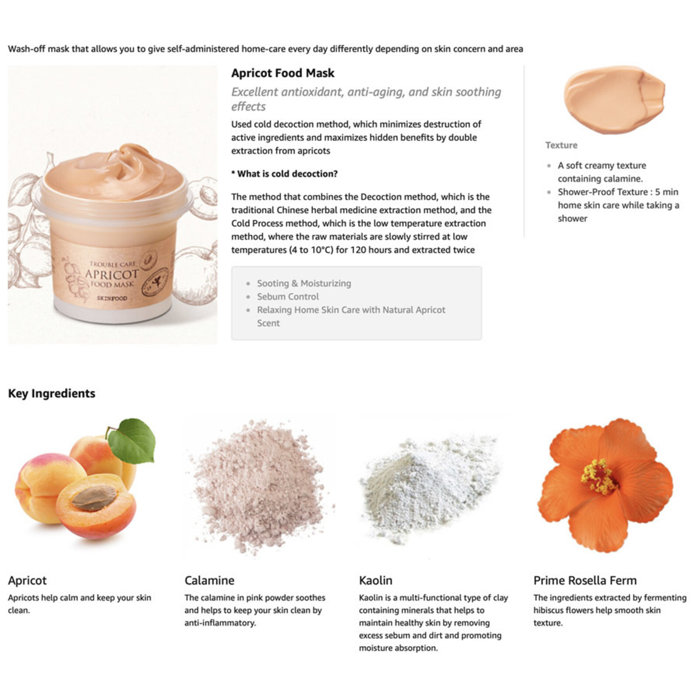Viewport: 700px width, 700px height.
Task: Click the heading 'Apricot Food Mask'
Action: (x=283, y=73)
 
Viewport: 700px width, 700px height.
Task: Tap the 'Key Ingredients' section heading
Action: (x=52, y=393)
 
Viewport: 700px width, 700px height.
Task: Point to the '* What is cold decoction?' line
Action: (x=284, y=174)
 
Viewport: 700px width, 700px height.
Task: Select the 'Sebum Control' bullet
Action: (x=287, y=297)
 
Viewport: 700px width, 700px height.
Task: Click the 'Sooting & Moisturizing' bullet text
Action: (x=304, y=283)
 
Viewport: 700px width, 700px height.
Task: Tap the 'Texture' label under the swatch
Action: (x=561, y=145)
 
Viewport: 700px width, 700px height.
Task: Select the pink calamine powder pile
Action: (x=258, y=486)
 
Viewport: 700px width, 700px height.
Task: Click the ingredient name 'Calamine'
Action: (x=209, y=581)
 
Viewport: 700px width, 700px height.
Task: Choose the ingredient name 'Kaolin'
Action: (x=375, y=581)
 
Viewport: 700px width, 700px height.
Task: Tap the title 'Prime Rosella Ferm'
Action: (x=584, y=581)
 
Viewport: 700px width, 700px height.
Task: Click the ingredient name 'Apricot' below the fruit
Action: (x=27, y=581)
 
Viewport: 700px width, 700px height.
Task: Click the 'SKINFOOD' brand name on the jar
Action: (x=112, y=298)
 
